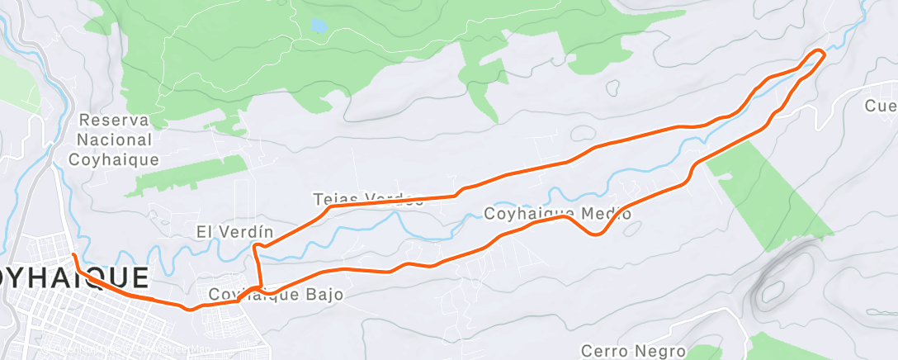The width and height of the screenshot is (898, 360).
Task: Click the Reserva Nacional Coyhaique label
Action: tap(115, 140)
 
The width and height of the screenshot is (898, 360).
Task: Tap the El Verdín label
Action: tap(234, 231)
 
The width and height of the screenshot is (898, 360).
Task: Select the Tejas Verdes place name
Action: tap(368, 199)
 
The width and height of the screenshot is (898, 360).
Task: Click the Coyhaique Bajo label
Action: tap(276, 294)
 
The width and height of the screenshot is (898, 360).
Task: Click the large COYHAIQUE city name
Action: tap(74, 277)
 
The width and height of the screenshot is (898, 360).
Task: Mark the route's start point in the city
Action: tap(73, 255)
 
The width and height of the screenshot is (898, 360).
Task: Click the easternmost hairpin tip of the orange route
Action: tap(822, 53)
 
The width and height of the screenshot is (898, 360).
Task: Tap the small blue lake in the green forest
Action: tap(318, 26)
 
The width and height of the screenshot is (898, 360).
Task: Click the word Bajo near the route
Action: tap(324, 294)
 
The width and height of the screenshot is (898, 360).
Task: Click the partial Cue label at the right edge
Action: tap(881, 106)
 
